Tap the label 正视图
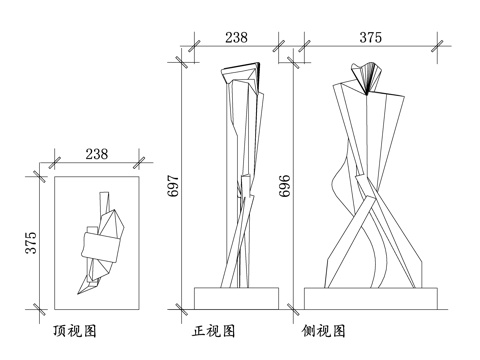[213, 329]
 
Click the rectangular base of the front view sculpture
[236, 298]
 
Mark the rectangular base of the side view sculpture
[371, 298]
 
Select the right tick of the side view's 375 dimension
[438, 47]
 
